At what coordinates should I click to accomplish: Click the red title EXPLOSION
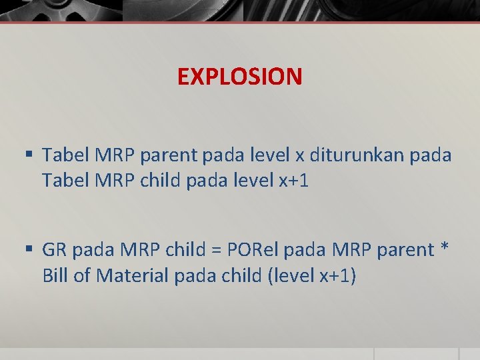(x=239, y=77)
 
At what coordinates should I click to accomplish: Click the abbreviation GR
(x=55, y=250)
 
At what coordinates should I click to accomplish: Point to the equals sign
(x=215, y=251)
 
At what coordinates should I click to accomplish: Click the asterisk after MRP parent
(x=445, y=248)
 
